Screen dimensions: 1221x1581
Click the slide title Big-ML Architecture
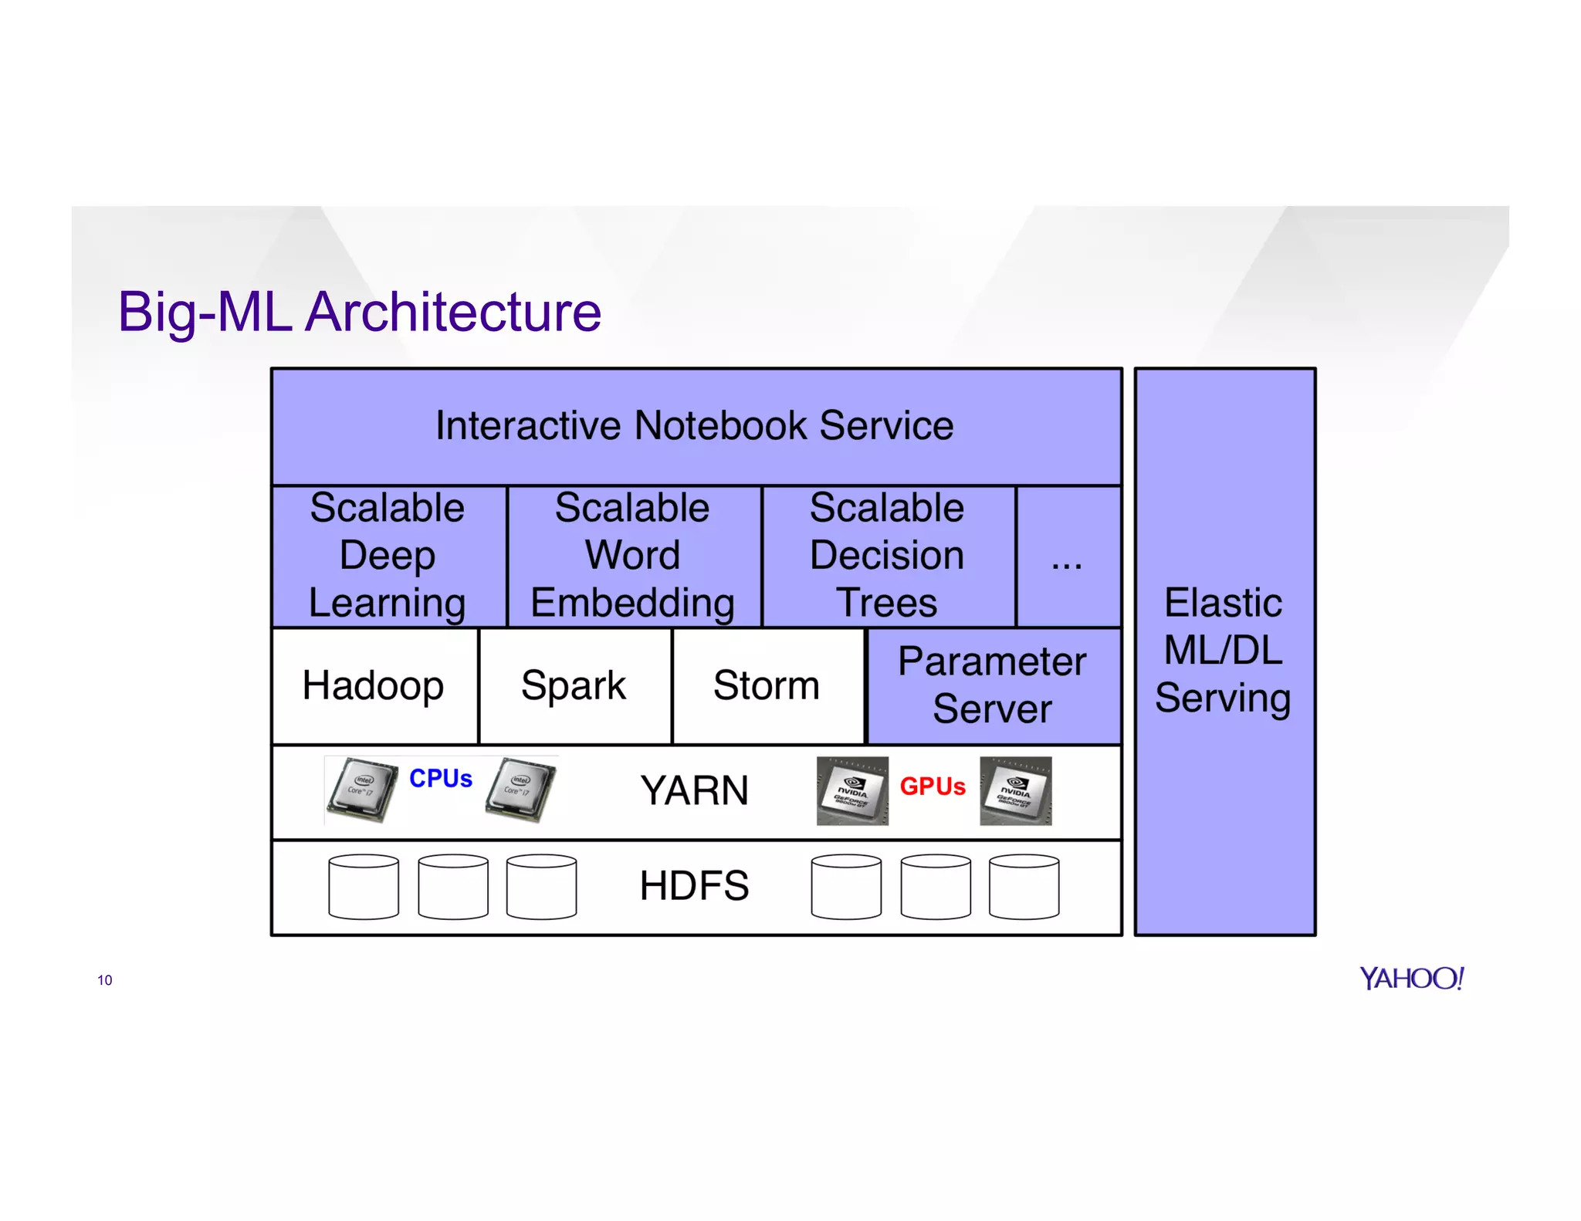click(x=359, y=312)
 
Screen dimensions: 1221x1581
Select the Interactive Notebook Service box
click(x=695, y=425)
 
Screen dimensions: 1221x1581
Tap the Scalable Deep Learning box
click(x=388, y=556)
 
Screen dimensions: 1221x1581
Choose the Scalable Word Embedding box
click(x=633, y=556)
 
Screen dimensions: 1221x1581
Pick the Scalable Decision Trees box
click(x=887, y=556)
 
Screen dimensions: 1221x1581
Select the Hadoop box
click(x=374, y=685)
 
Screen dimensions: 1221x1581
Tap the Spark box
click(x=574, y=685)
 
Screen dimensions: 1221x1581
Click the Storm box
click(x=767, y=685)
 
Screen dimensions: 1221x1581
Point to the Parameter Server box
click(x=993, y=685)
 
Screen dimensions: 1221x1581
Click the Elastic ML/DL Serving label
click(x=1224, y=651)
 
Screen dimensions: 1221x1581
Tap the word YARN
click(x=694, y=790)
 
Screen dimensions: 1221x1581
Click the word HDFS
click(x=694, y=885)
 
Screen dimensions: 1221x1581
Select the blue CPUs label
click(x=441, y=778)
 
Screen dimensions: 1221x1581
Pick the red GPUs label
click(x=933, y=786)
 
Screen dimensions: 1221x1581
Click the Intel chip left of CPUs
click(x=361, y=790)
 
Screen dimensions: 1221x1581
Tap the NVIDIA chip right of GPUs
click(x=1016, y=790)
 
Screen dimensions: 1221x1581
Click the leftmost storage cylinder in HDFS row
click(x=364, y=887)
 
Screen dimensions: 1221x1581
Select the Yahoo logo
click(x=1412, y=978)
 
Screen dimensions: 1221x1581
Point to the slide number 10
click(x=105, y=980)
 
